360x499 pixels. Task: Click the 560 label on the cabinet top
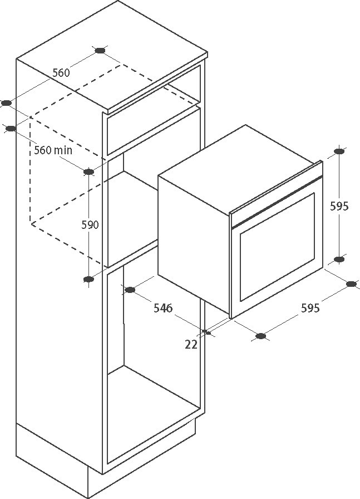[x=61, y=73]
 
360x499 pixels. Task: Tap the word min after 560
[x=63, y=150]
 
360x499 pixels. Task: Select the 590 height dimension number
[x=90, y=225]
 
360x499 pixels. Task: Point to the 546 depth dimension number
[x=163, y=308]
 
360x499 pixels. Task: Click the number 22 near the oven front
[x=191, y=344]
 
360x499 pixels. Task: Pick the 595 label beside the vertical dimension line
[x=339, y=206]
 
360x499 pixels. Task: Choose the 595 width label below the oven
[x=310, y=308]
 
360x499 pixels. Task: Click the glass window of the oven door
[x=277, y=247]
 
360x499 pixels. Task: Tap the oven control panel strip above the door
[x=276, y=195]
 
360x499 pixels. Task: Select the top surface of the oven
[x=240, y=169]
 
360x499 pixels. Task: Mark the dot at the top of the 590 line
[x=88, y=172]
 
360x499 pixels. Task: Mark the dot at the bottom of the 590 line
[x=88, y=280]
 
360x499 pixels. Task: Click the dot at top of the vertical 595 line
[x=339, y=151]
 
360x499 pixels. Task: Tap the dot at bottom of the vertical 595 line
[x=339, y=259]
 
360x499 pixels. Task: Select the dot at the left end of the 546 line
[x=130, y=290]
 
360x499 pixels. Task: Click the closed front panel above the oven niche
[x=154, y=131]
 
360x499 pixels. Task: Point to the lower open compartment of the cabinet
[x=154, y=366]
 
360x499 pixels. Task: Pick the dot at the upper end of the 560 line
[x=100, y=50]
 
